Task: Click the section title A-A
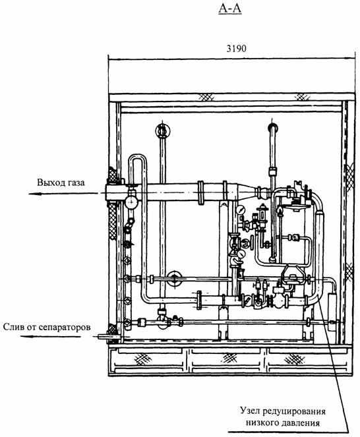(x=230, y=9)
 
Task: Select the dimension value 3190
(x=236, y=49)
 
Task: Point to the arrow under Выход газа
(x=63, y=193)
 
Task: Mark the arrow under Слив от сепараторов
(x=51, y=336)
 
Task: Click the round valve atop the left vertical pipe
(x=163, y=130)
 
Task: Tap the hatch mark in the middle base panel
(x=229, y=358)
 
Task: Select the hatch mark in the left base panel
(x=143, y=359)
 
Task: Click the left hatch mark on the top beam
(x=206, y=98)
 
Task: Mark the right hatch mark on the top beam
(x=302, y=98)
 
